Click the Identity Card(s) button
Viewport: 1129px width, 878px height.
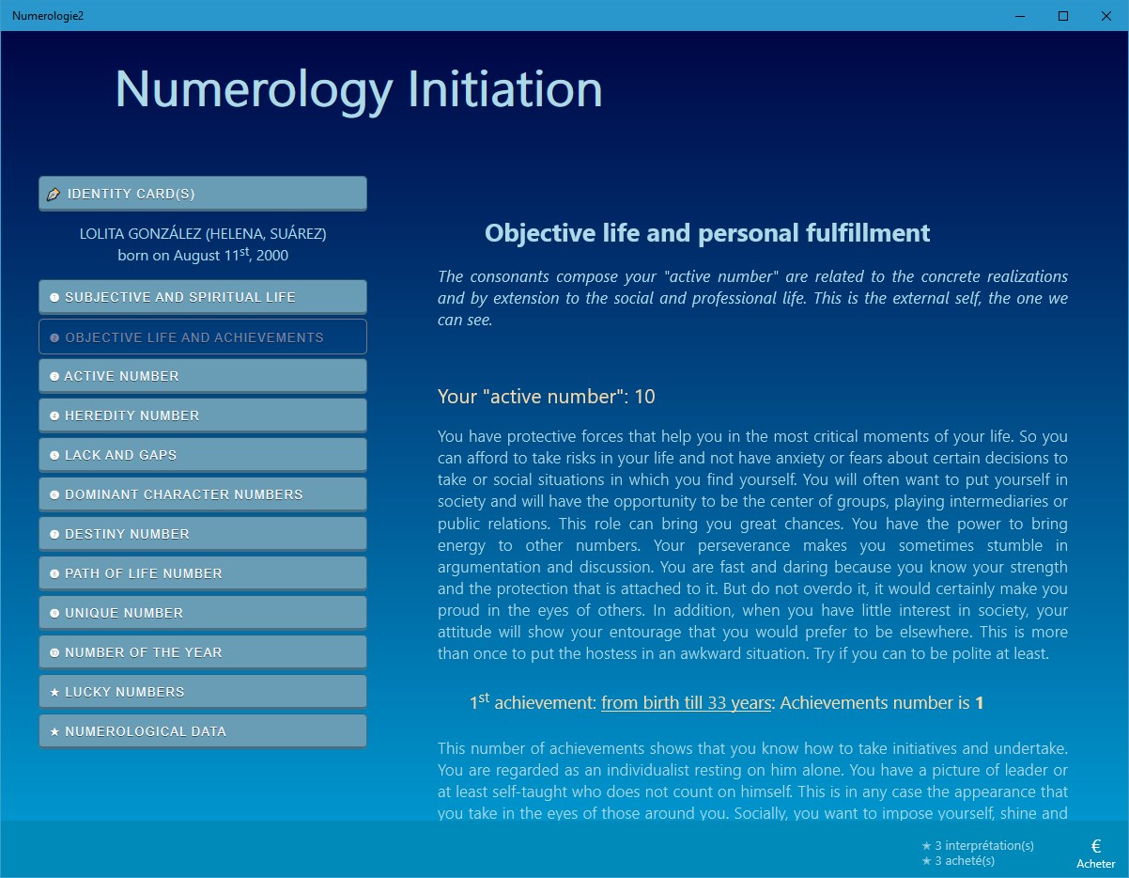point(202,194)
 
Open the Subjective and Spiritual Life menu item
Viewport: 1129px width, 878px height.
point(202,297)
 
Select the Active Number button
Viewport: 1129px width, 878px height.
point(202,376)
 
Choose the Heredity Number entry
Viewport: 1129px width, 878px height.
point(202,415)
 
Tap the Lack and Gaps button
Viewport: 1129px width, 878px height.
point(202,455)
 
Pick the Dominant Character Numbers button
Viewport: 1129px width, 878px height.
point(202,494)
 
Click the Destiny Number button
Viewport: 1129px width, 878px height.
point(202,534)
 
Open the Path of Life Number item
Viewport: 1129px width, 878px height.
point(202,573)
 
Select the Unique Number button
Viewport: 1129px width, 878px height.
point(202,613)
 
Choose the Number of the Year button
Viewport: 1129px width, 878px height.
point(202,652)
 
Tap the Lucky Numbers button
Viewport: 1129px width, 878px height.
point(202,692)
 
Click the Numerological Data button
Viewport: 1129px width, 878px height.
point(202,731)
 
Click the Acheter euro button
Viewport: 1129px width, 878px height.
point(1096,852)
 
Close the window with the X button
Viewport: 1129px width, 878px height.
point(1106,16)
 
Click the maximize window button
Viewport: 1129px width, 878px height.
point(1063,16)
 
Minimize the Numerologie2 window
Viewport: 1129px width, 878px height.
point(1021,16)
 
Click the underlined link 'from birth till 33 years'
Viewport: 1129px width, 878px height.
point(686,703)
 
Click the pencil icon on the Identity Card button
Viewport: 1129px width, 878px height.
point(54,194)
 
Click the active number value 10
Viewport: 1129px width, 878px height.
point(644,397)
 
